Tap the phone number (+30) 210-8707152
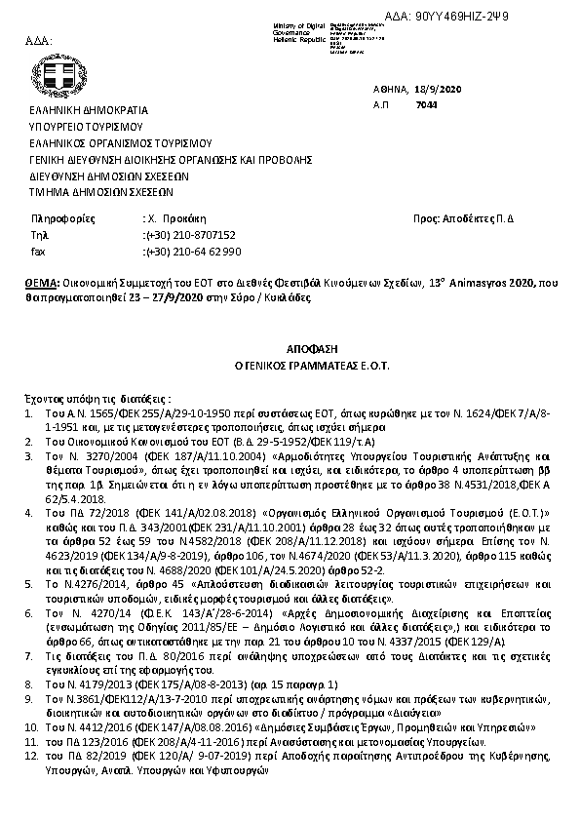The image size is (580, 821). [189, 235]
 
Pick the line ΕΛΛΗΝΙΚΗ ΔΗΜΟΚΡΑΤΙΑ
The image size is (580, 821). [79, 112]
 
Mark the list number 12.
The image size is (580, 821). [31, 756]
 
